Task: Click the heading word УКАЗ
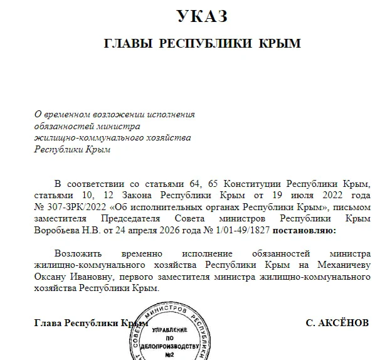point(201,17)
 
